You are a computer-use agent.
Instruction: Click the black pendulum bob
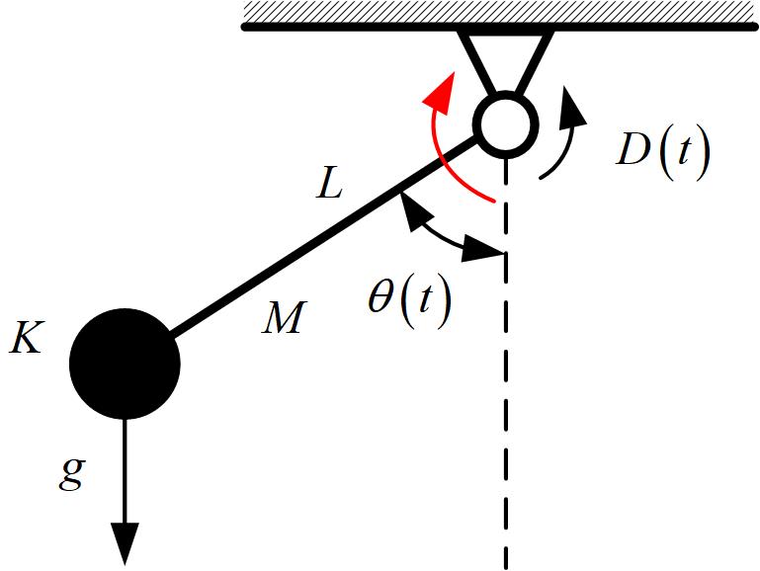[x=125, y=363]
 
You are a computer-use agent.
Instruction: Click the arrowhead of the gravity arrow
[x=125, y=543]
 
